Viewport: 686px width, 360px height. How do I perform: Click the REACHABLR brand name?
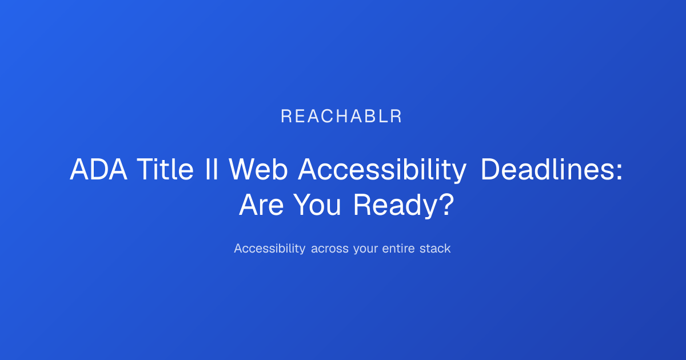point(341,117)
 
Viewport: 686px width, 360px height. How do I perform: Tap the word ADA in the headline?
point(98,169)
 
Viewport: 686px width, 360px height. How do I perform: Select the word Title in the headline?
point(165,169)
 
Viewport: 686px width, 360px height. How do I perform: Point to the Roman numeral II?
point(212,169)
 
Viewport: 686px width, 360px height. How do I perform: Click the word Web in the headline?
point(258,169)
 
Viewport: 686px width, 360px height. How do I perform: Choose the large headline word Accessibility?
point(382,171)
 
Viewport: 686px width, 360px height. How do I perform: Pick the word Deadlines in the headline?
point(547,169)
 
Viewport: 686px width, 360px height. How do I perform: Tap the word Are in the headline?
point(261,205)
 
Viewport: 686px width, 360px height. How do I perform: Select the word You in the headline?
point(317,205)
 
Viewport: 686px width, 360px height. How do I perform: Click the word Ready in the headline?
point(395,206)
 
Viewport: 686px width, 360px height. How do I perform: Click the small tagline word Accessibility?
point(269,248)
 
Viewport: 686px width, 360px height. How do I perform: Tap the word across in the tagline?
point(329,250)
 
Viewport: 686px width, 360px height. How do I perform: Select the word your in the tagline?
point(365,250)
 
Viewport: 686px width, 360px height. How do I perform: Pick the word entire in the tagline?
point(398,249)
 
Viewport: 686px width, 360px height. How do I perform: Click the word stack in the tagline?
point(435,248)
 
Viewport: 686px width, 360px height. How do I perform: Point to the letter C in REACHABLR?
point(327,117)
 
